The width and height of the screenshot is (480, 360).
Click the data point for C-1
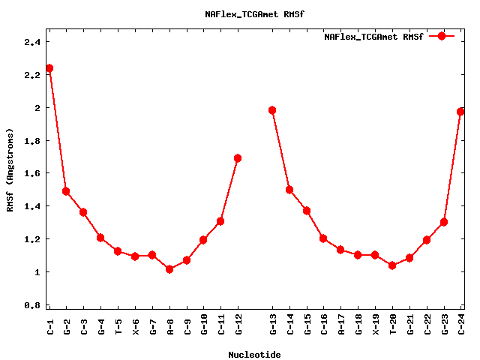[49, 68]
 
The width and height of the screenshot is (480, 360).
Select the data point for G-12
[238, 158]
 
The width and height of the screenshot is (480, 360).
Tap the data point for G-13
[272, 110]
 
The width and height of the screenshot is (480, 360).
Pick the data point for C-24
[461, 112]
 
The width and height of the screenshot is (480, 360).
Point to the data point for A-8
[169, 269]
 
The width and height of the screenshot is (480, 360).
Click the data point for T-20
[392, 265]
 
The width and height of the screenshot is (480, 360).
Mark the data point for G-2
[66, 191]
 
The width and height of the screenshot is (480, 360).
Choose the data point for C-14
[289, 190]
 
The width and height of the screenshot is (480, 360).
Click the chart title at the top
[254, 14]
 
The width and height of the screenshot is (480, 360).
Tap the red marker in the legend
[442, 36]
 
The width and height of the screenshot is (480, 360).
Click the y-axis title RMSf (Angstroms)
[10, 169]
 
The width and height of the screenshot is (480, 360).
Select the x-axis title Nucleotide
[255, 355]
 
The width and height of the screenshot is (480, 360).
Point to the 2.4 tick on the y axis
[31, 42]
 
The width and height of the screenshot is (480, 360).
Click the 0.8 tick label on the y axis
[31, 305]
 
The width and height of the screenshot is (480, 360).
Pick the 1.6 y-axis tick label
[31, 173]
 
